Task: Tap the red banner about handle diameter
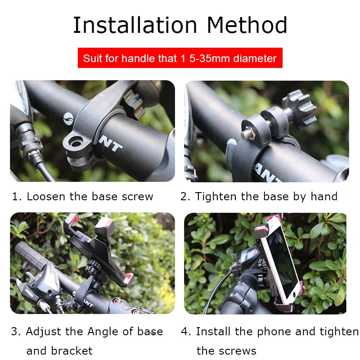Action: pyautogui.click(x=180, y=58)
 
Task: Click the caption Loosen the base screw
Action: pyautogui.click(x=90, y=197)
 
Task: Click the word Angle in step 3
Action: pyautogui.click(x=105, y=332)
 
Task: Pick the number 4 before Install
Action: pyautogui.click(x=184, y=332)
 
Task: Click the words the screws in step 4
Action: pyautogui.click(x=226, y=351)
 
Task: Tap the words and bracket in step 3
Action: pyautogui.click(x=59, y=351)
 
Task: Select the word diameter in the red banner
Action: pyautogui.click(x=255, y=58)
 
